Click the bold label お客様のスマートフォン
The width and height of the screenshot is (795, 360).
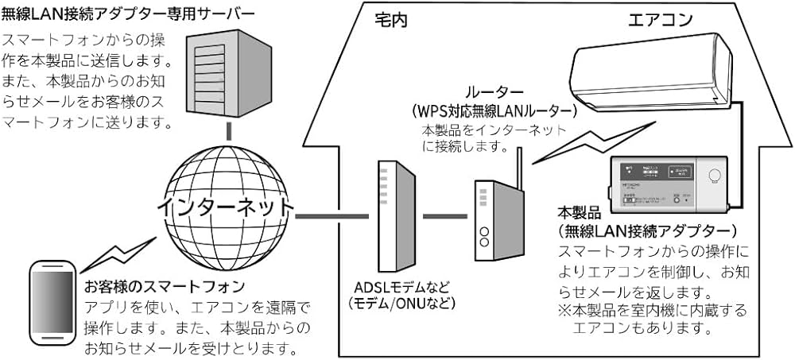click(165, 285)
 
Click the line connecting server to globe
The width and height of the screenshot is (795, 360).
click(228, 130)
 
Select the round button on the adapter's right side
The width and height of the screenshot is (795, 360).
click(712, 177)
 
